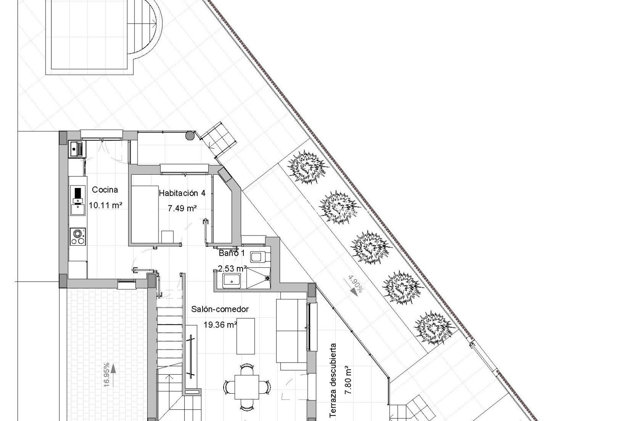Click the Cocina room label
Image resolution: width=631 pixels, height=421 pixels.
[105, 190]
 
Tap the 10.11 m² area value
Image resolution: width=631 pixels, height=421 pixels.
[106, 205]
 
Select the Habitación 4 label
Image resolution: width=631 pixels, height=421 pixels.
[182, 193]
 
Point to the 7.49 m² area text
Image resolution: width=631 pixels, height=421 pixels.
[182, 208]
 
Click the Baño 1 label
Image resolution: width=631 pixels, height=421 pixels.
[231, 253]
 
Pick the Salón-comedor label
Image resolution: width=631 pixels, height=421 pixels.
[220, 309]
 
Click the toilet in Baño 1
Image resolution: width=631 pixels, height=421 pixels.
[258, 256]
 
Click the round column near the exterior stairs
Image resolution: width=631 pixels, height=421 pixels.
[190, 135]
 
